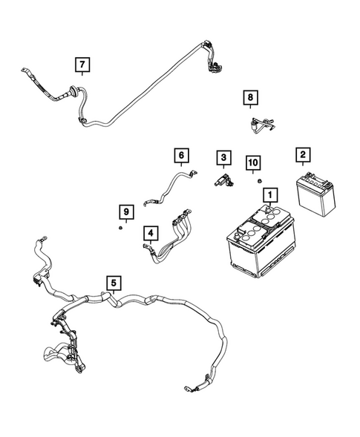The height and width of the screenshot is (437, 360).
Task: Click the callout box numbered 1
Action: (x=270, y=195)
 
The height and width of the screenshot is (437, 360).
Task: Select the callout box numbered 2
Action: (x=302, y=155)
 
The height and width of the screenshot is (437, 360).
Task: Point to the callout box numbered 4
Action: (x=151, y=234)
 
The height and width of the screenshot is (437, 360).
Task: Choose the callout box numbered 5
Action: (x=113, y=283)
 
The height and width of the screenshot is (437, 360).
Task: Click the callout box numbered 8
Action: (x=251, y=98)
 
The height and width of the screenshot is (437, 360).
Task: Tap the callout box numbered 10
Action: (x=253, y=162)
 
